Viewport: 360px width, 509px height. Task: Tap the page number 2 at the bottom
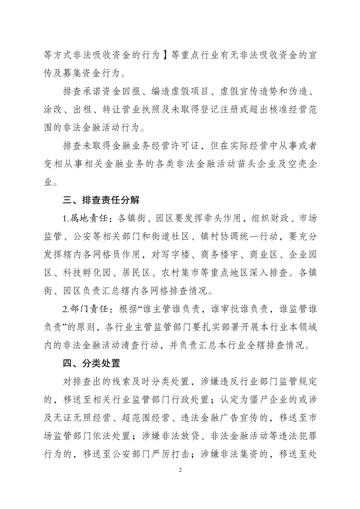click(x=180, y=483)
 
